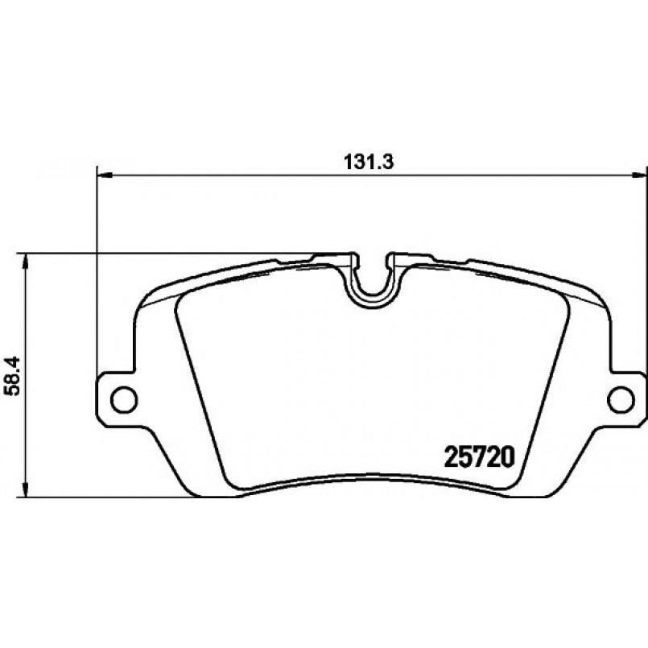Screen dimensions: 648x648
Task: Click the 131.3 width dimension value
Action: pyautogui.click(x=369, y=163)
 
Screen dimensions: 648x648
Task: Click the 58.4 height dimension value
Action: pyautogui.click(x=13, y=377)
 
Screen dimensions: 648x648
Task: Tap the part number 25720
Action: pyautogui.click(x=480, y=456)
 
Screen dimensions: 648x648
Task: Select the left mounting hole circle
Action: pyautogui.click(x=124, y=399)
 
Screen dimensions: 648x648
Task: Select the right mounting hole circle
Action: pyautogui.click(x=621, y=399)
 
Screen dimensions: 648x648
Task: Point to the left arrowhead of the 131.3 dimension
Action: pyautogui.click(x=104, y=176)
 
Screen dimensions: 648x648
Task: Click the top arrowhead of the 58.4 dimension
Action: pyautogui.click(x=26, y=261)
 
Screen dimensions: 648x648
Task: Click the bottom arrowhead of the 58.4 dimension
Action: pyautogui.click(x=26, y=489)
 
